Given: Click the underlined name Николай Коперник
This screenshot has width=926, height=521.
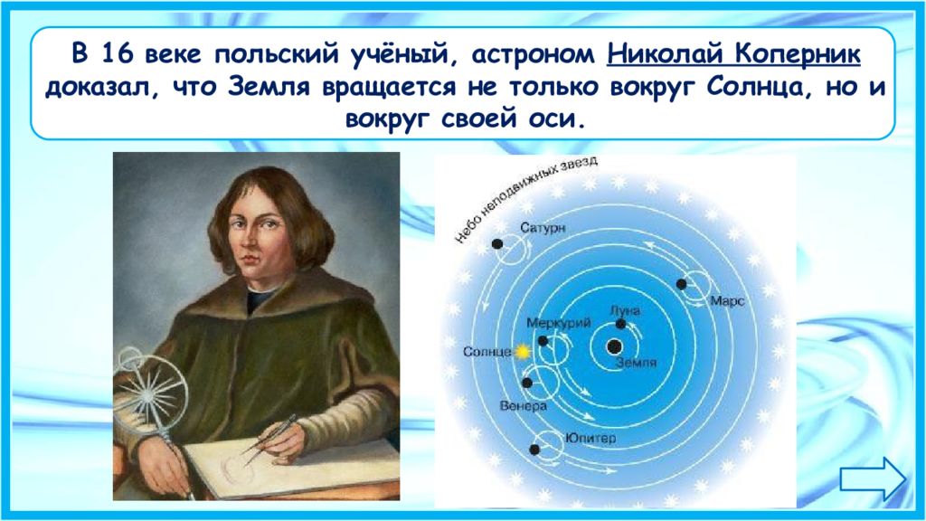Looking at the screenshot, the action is pos(733,55).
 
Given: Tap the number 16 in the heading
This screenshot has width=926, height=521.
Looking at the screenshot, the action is pos(118,54).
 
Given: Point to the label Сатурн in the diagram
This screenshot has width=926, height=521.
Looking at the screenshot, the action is pos(543,228).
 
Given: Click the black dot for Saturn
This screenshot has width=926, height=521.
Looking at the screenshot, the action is pos(497,244).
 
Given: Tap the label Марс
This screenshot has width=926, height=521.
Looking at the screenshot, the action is pos(727,301).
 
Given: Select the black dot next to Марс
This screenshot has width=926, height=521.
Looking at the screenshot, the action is pos(682,284).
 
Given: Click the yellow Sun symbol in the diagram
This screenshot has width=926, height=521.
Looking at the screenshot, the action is pos(522,352).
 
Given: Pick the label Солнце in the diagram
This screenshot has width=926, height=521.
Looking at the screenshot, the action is pos(487,352).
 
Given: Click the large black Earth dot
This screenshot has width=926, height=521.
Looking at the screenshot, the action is pos(614,346).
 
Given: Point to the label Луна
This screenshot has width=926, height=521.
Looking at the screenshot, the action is pos(625,311).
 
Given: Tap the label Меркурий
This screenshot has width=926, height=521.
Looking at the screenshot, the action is pos(558,323).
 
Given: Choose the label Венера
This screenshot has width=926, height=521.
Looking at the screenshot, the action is pos(524,406).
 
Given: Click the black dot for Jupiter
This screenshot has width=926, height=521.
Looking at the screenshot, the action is pos(534,450).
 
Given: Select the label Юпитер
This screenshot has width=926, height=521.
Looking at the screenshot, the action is pos(590,439).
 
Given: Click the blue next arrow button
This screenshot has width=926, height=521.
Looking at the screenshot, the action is pos(873,478).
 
